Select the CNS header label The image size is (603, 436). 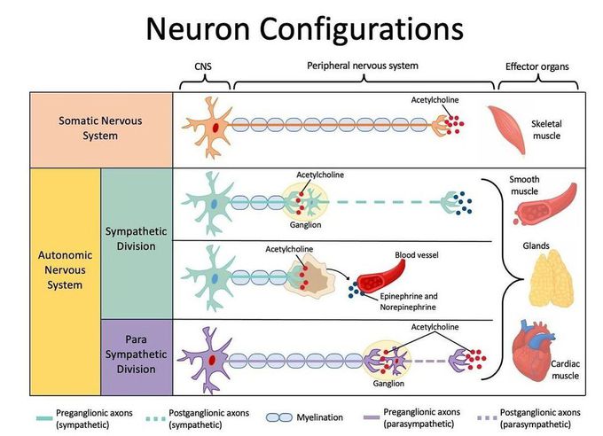[x=204, y=67]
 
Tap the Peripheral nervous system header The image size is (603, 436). [x=363, y=66]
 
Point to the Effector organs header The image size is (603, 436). [x=537, y=66]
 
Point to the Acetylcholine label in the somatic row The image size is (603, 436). [x=435, y=100]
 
